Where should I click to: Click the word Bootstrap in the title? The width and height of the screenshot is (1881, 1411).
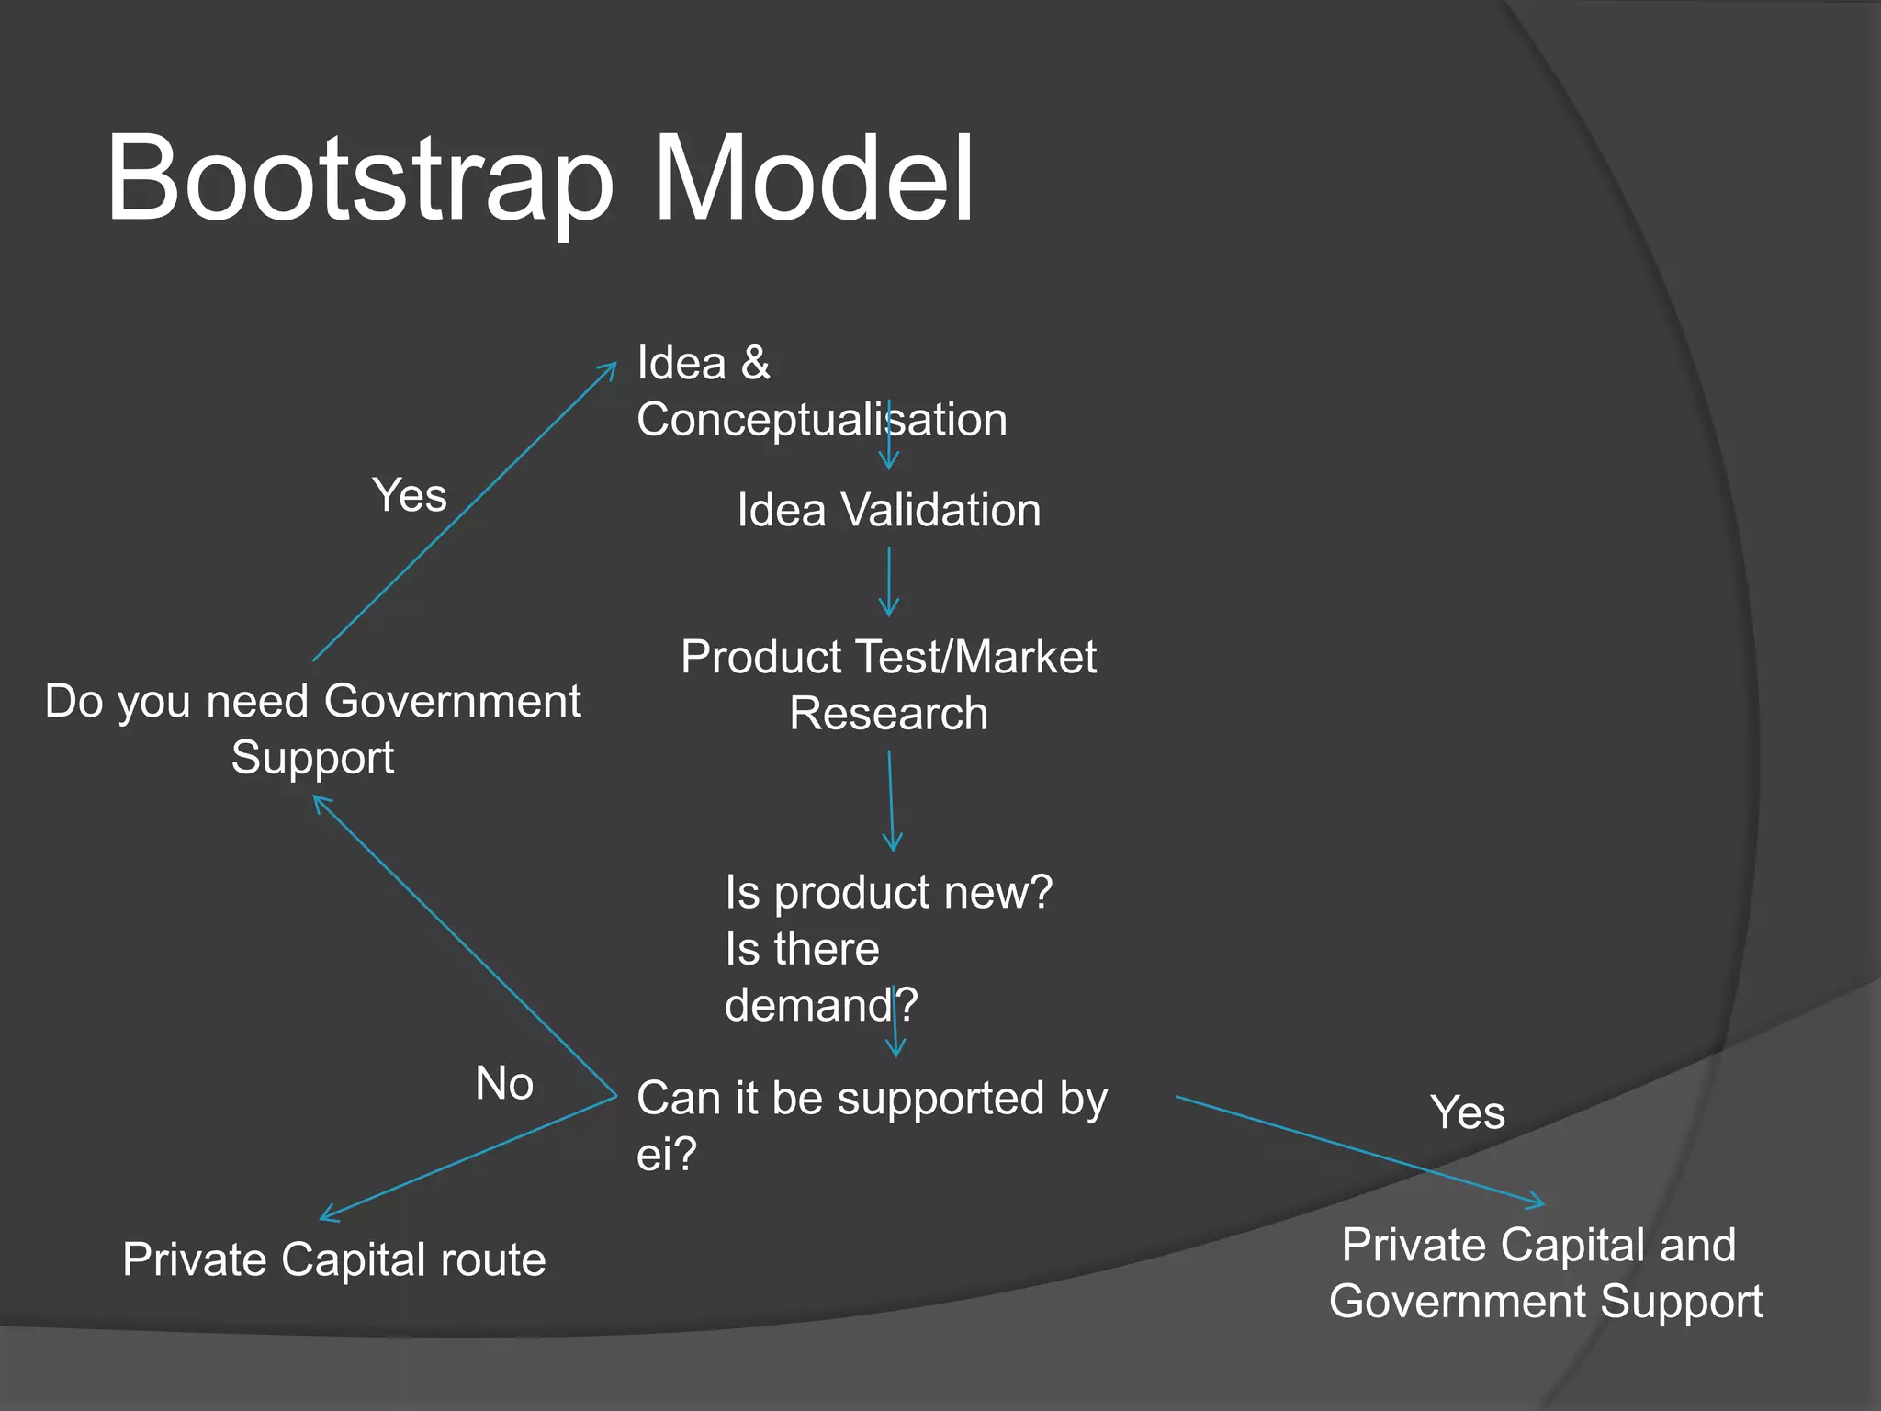tap(358, 179)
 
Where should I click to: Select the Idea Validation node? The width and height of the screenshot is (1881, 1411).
tap(888, 510)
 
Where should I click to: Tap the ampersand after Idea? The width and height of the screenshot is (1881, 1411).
tap(755, 363)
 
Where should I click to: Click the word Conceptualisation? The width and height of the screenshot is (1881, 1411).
tap(821, 420)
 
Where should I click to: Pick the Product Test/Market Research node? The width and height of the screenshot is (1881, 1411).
tap(888, 684)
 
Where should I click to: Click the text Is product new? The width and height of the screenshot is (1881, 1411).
tap(888, 892)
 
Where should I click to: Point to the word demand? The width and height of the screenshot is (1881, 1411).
tap(820, 1005)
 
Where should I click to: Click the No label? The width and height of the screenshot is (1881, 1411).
tap(504, 1083)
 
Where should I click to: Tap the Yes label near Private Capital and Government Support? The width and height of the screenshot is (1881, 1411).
tap(1467, 1112)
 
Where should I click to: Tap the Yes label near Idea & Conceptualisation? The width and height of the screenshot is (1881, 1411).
tap(410, 495)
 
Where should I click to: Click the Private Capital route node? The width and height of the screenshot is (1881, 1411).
tap(334, 1259)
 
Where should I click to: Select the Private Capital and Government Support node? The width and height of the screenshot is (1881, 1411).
tap(1546, 1273)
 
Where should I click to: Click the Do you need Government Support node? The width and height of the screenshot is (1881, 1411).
tap(312, 728)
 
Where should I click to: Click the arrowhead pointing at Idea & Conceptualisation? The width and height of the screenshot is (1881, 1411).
tap(611, 368)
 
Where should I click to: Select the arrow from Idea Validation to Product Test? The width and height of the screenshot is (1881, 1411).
tap(888, 581)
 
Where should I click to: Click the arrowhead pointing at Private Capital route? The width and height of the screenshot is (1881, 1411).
tap(326, 1216)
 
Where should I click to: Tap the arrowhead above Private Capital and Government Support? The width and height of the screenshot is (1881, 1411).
tap(1538, 1202)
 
